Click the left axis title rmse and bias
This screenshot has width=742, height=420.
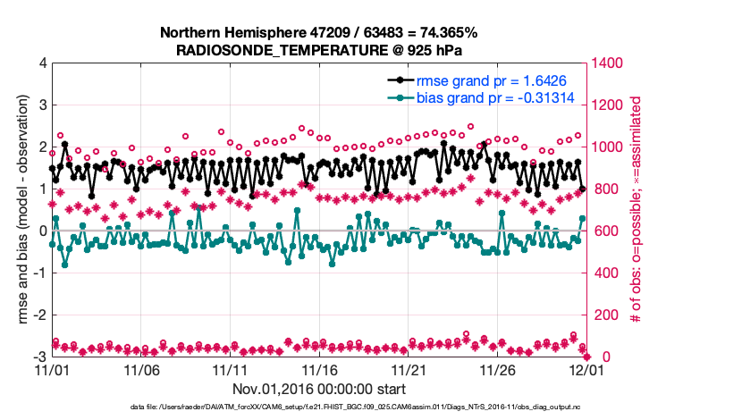pyautogui.click(x=21, y=210)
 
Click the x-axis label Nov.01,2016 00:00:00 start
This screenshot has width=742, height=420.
pyautogui.click(x=318, y=389)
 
